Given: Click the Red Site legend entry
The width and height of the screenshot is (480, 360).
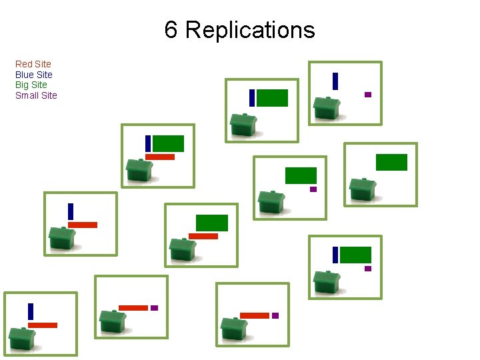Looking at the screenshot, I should coord(33,64).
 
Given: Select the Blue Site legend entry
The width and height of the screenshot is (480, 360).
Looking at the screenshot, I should coord(34,75).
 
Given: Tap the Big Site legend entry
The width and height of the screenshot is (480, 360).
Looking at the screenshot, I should coord(31,85).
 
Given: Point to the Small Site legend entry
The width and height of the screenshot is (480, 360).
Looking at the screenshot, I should coord(36,95).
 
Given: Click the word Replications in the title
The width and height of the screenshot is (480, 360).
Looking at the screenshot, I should coord(250,30).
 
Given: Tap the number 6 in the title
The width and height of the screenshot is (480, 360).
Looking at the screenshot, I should coord(171,30).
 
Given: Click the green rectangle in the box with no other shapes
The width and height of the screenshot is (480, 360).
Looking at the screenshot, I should coord(391,162).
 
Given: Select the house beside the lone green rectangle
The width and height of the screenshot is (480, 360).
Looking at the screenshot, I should coord(363,189).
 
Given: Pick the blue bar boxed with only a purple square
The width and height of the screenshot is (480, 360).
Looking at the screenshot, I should coord(335,81).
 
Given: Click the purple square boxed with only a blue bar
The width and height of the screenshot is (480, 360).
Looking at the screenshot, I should coord(367,95).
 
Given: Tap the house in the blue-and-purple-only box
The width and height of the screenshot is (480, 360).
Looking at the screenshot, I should coord(327,107).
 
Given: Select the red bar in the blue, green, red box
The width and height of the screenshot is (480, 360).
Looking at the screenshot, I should coord(160,157).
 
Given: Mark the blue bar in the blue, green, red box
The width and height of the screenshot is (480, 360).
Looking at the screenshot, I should coord(148,143).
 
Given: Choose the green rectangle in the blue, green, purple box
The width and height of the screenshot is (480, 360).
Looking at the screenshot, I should coord(356,255).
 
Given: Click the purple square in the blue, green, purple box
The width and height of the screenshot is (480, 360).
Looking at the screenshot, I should coord(367,269).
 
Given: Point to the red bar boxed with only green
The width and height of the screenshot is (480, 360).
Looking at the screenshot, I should coord(203,236).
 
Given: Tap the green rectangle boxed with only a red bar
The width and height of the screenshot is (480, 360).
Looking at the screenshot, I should coord(212,223).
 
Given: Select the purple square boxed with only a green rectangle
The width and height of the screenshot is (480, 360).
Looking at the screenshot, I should coord(313,189).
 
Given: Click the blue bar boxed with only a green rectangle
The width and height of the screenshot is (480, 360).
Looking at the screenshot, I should coord(252,98).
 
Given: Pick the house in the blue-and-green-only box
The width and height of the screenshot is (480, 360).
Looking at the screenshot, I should coord(243,125).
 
